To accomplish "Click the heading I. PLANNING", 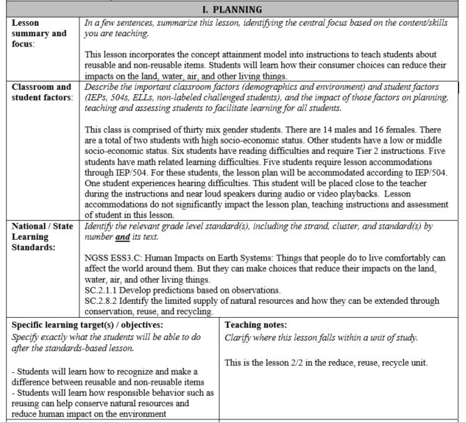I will coord(232,9).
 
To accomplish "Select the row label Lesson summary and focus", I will coord(40,33).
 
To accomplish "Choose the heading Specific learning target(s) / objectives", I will coord(86,325).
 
